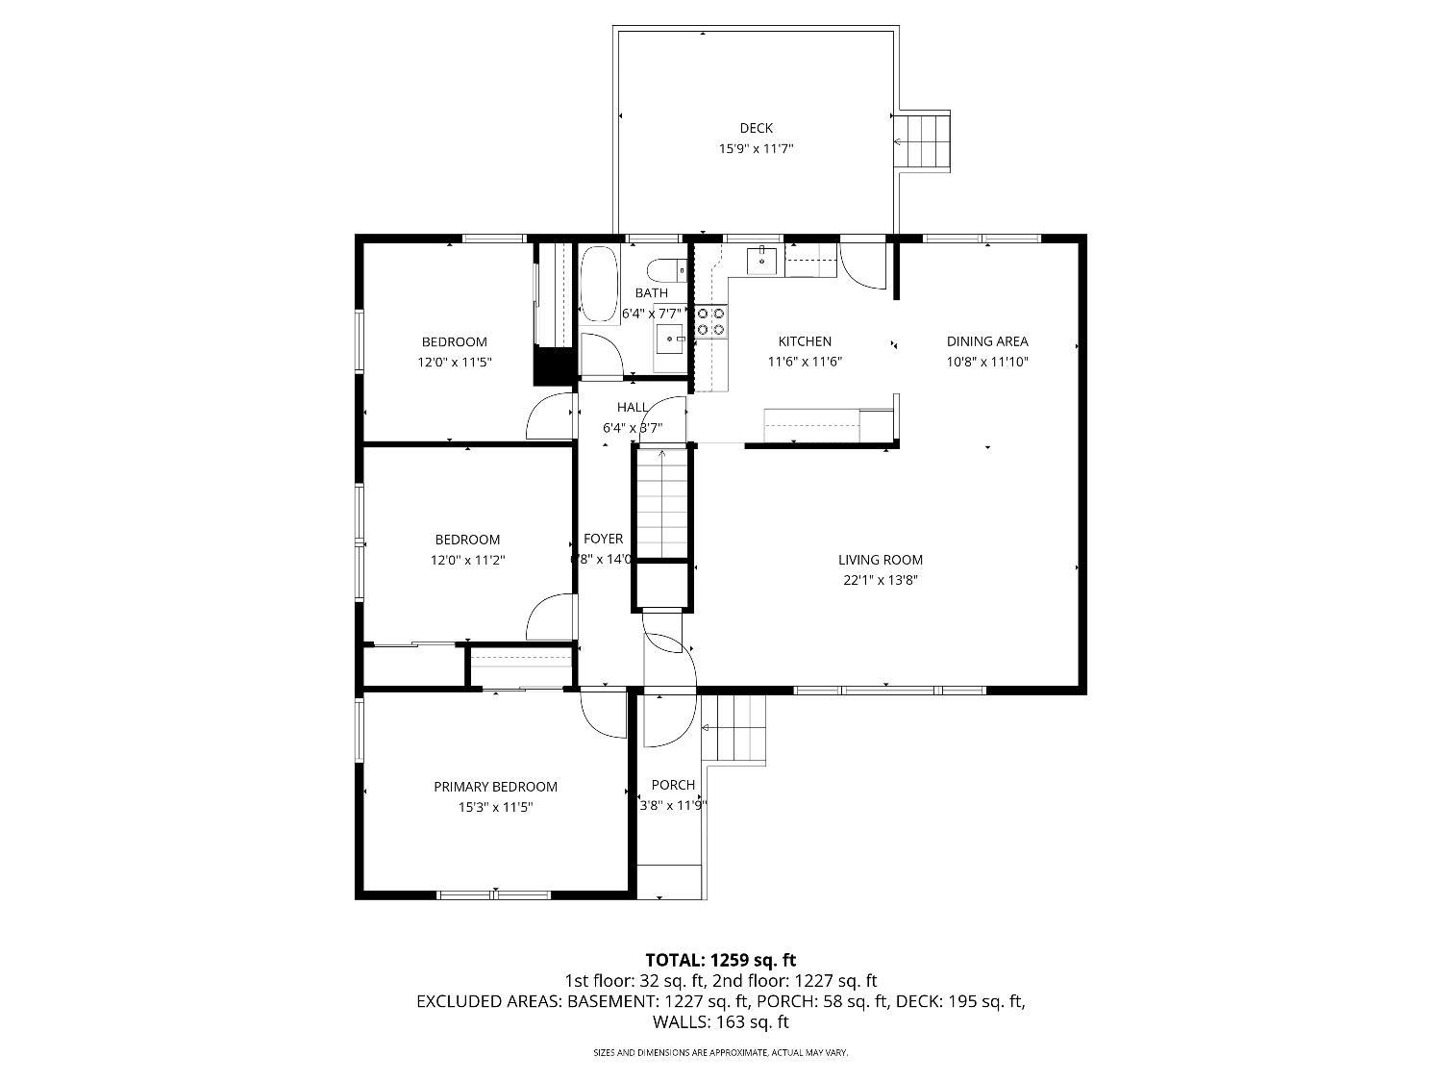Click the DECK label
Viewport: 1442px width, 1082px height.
coord(756,128)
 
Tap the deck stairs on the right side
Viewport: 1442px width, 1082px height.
coord(923,141)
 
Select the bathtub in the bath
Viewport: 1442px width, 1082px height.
coord(600,285)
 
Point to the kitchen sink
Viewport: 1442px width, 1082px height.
coord(762,260)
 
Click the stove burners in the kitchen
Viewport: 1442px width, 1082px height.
coord(711,321)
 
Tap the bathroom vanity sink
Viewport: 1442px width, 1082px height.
coord(670,338)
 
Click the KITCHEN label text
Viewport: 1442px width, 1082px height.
coord(805,341)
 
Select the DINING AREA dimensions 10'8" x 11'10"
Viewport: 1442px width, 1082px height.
coord(987,363)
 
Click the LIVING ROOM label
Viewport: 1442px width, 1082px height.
coord(880,560)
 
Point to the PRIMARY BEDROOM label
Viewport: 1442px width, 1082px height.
coord(495,787)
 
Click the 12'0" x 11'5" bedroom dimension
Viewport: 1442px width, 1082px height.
coord(454,363)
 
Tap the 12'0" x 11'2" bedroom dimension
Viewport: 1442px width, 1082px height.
coord(467,560)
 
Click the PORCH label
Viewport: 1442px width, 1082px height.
coord(673,785)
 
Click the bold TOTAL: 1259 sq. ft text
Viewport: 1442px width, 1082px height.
coord(721,960)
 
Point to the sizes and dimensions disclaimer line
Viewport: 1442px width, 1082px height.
coord(721,1053)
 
